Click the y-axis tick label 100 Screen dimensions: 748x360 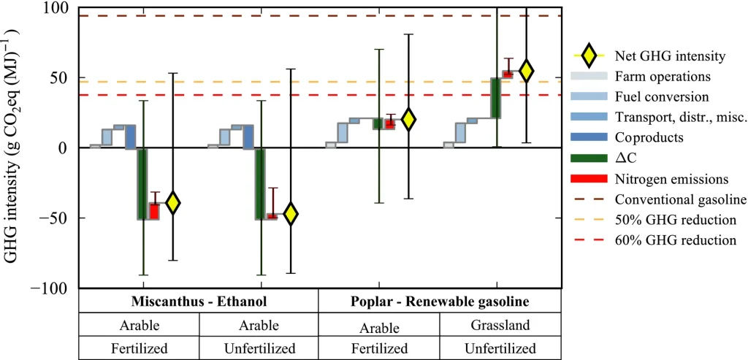pos(58,8)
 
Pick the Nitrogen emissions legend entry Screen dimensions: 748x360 pos(649,179)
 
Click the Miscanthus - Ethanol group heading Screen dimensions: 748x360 pos(199,302)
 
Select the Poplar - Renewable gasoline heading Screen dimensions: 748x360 pos(439,302)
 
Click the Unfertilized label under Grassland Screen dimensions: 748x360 pos(499,348)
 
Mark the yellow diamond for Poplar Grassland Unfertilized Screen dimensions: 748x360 pos(526,71)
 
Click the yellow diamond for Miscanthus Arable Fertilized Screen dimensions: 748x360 pos(172,202)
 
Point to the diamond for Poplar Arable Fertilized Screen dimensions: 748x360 pos(408,120)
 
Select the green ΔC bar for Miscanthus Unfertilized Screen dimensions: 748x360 pos(260,184)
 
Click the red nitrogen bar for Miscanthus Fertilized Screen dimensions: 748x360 pos(154,211)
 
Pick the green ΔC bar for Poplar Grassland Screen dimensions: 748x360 pos(496,99)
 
